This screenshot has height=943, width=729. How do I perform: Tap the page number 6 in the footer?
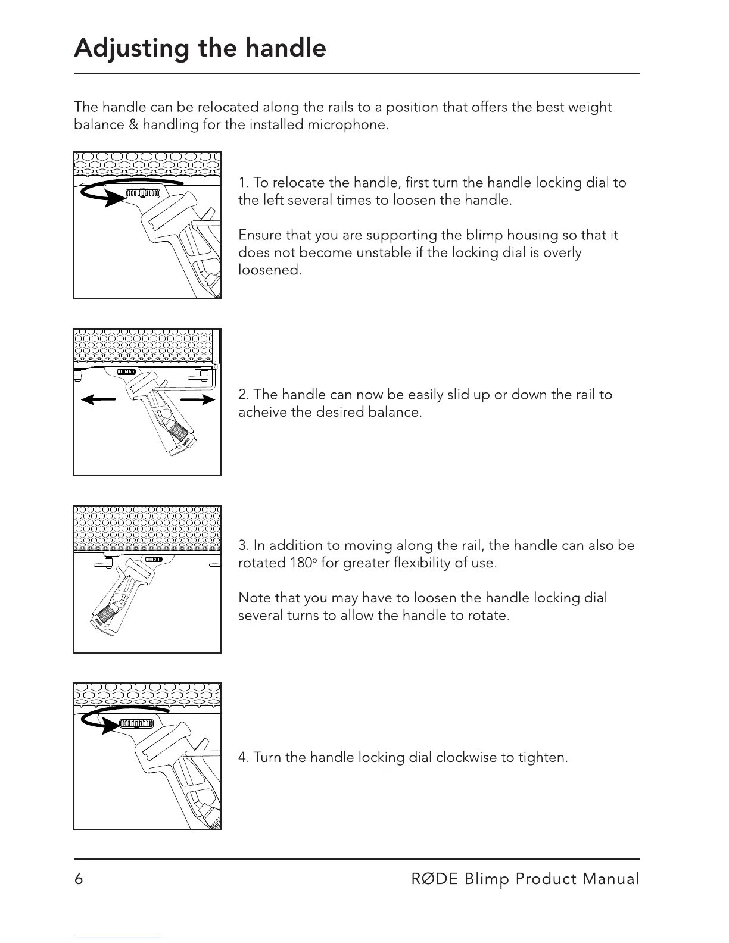click(x=79, y=879)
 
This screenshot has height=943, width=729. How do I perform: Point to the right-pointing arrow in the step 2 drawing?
click(x=198, y=400)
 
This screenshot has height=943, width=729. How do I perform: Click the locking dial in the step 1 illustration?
click(x=143, y=193)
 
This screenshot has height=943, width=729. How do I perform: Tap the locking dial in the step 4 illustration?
click(x=137, y=723)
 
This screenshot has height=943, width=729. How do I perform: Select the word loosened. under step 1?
click(x=270, y=270)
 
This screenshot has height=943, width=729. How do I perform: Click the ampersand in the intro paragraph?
click(x=133, y=125)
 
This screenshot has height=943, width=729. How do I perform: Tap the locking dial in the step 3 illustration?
click(x=154, y=560)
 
